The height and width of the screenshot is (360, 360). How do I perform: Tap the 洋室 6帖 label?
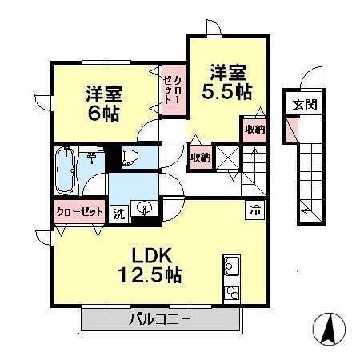(103, 102)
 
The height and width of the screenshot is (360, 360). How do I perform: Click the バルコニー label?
(160, 321)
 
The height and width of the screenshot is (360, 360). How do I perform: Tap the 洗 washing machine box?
(118, 214)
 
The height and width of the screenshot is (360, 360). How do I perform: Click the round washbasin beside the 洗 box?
(145, 210)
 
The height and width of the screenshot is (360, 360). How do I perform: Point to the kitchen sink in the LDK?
(232, 266)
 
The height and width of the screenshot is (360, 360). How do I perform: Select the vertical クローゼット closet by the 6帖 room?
(171, 90)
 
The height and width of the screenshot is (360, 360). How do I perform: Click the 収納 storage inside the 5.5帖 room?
(254, 129)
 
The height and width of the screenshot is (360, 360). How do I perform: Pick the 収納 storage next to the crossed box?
(200, 157)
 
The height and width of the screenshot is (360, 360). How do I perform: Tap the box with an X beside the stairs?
(228, 158)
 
